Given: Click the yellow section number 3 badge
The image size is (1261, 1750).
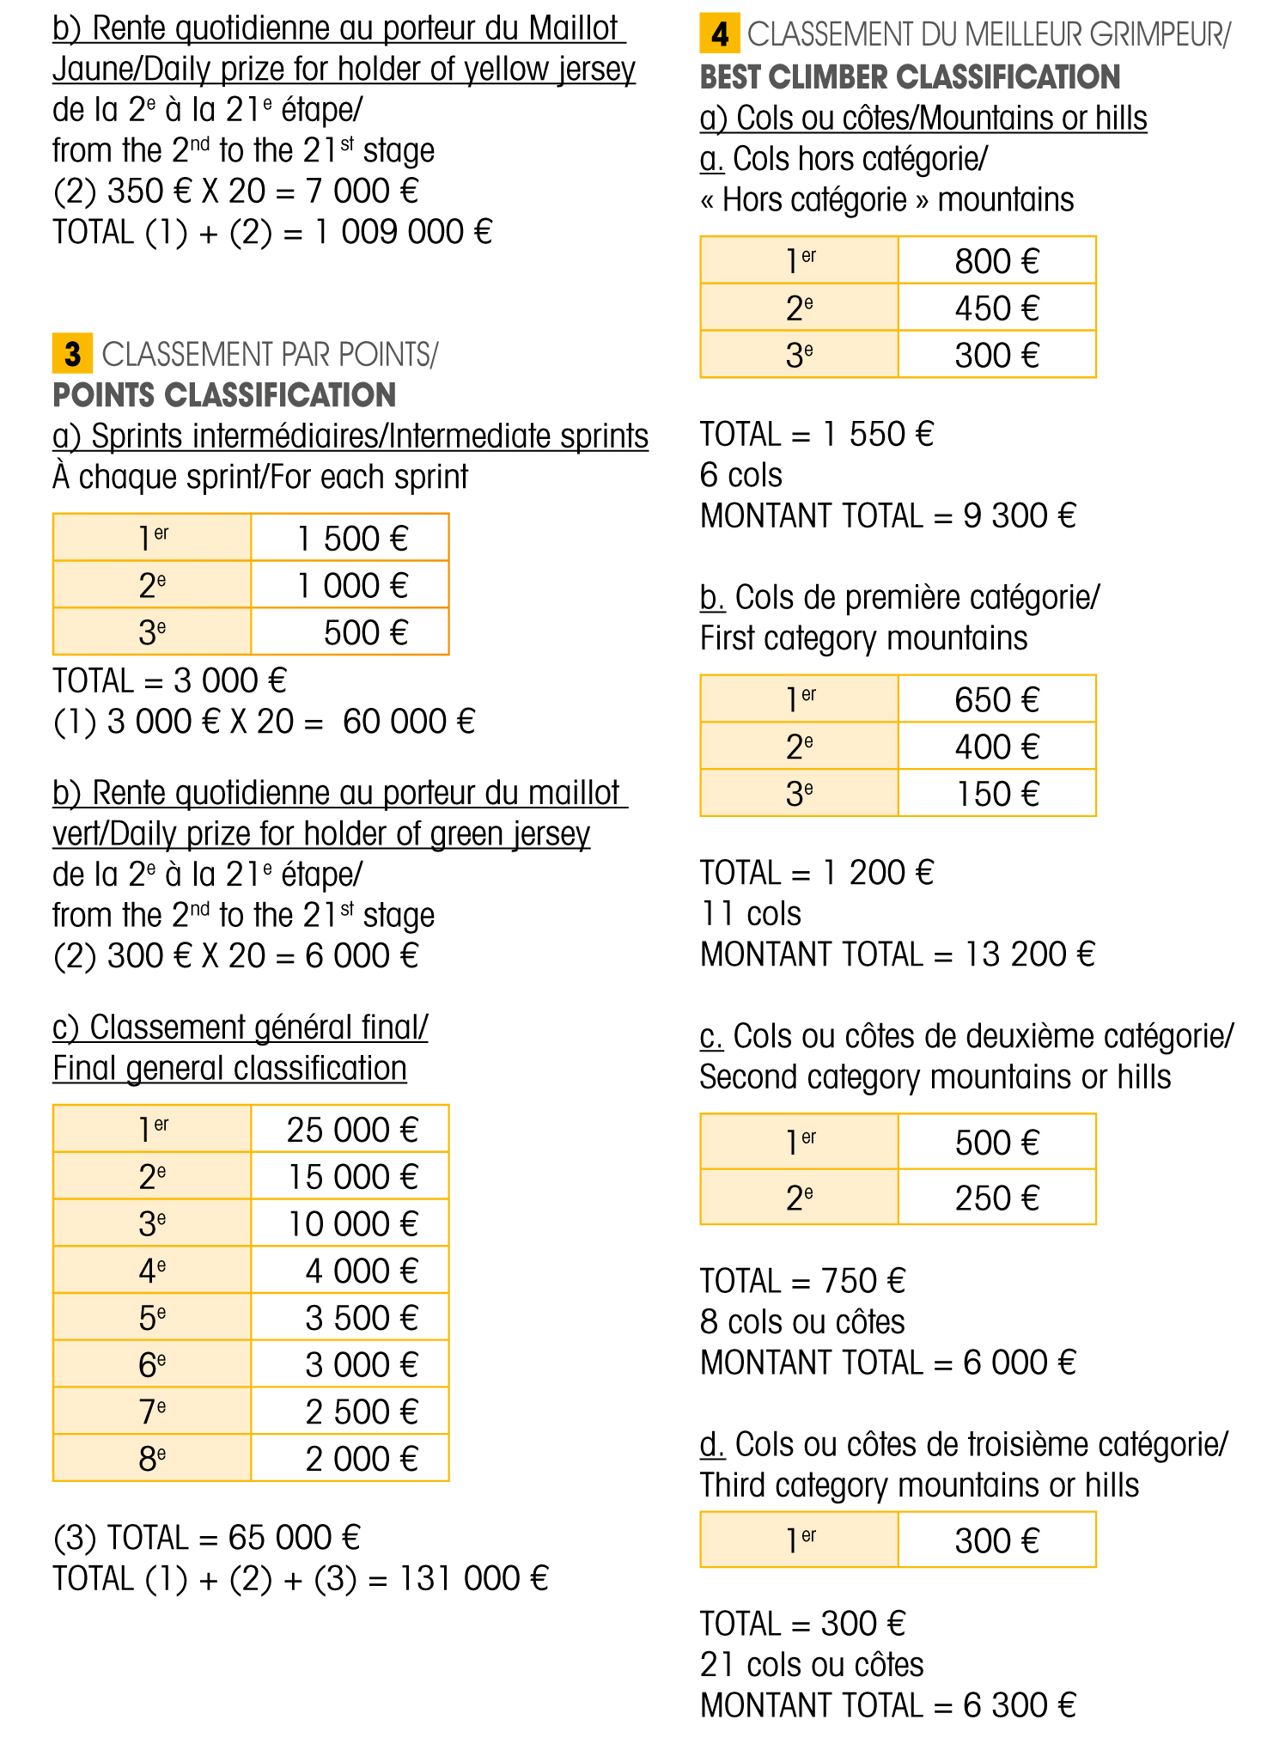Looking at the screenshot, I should tap(72, 354).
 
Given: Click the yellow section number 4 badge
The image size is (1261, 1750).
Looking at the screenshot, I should tap(720, 34).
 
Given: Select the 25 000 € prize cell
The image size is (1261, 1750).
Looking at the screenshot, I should tap(350, 1130).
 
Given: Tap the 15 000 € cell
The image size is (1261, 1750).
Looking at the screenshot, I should tap(350, 1177).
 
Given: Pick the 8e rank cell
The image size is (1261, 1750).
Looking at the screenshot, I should tap(152, 1459).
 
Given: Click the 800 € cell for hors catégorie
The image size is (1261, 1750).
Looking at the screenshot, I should tap(996, 261).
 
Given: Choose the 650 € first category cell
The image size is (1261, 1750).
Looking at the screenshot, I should tap(996, 699).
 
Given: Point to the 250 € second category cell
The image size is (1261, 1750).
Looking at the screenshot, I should tap(996, 1198).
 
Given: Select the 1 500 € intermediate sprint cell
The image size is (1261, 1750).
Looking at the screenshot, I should tap(350, 539).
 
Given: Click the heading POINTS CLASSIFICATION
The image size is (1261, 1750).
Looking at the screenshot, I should tap(224, 395).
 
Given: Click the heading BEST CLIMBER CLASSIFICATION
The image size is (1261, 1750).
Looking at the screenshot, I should tap(910, 77).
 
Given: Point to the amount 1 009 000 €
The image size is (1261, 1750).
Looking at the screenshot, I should tap(404, 232).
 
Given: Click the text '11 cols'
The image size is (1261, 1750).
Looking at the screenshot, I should tap(751, 913).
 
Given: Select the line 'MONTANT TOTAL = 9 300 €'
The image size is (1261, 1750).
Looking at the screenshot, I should tap(887, 515).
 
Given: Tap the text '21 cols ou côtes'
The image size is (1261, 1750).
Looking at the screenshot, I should tap(812, 1664).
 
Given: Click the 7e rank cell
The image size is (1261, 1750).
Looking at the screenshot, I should tap(152, 1412).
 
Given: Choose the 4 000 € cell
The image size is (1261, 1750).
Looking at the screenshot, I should tap(361, 1271).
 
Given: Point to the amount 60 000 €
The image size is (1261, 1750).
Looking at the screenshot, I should tap(409, 722).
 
